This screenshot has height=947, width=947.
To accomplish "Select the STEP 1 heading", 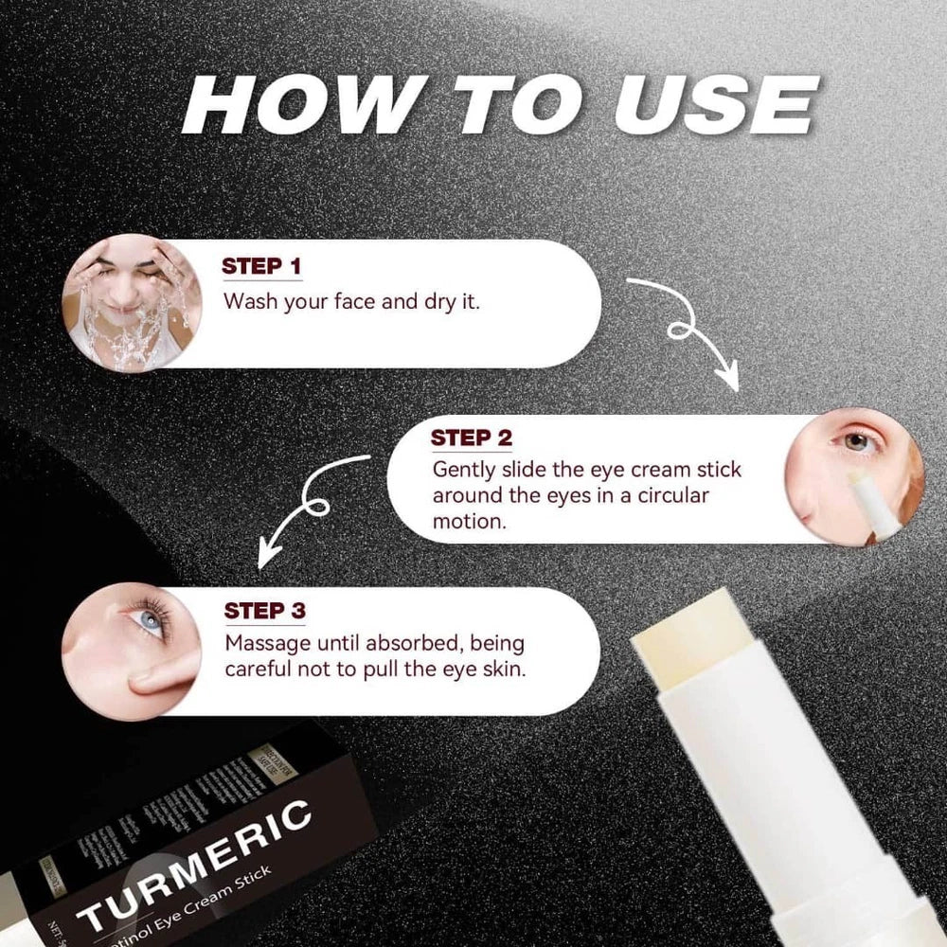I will [x=261, y=266].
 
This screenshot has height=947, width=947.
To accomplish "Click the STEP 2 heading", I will [x=471, y=438].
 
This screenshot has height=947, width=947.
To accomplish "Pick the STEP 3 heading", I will [x=264, y=611].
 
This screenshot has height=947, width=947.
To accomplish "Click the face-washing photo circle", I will [x=132, y=303].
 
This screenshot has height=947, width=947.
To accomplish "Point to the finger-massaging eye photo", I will [x=132, y=652].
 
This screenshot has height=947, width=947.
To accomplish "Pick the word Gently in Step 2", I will [x=461, y=470].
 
